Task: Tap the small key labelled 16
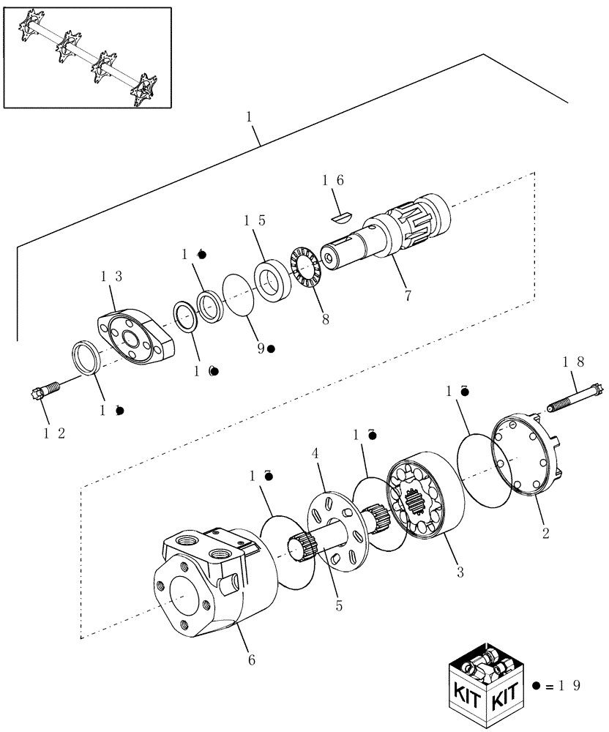point(341,215)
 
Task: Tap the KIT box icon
point(486,689)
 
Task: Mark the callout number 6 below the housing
point(251,660)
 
